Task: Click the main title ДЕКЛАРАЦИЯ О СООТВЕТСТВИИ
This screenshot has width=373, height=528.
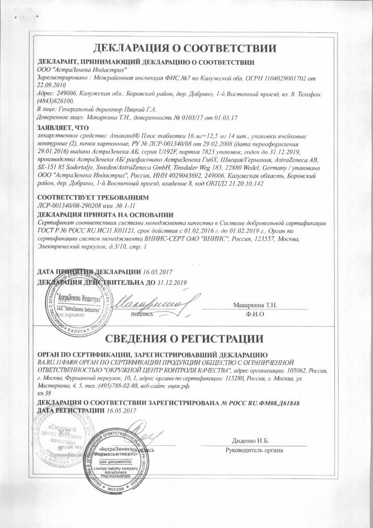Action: click(x=184, y=49)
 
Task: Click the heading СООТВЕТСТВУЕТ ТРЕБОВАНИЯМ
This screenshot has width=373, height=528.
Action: click(x=94, y=198)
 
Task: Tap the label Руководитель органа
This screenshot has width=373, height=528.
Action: click(x=253, y=451)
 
